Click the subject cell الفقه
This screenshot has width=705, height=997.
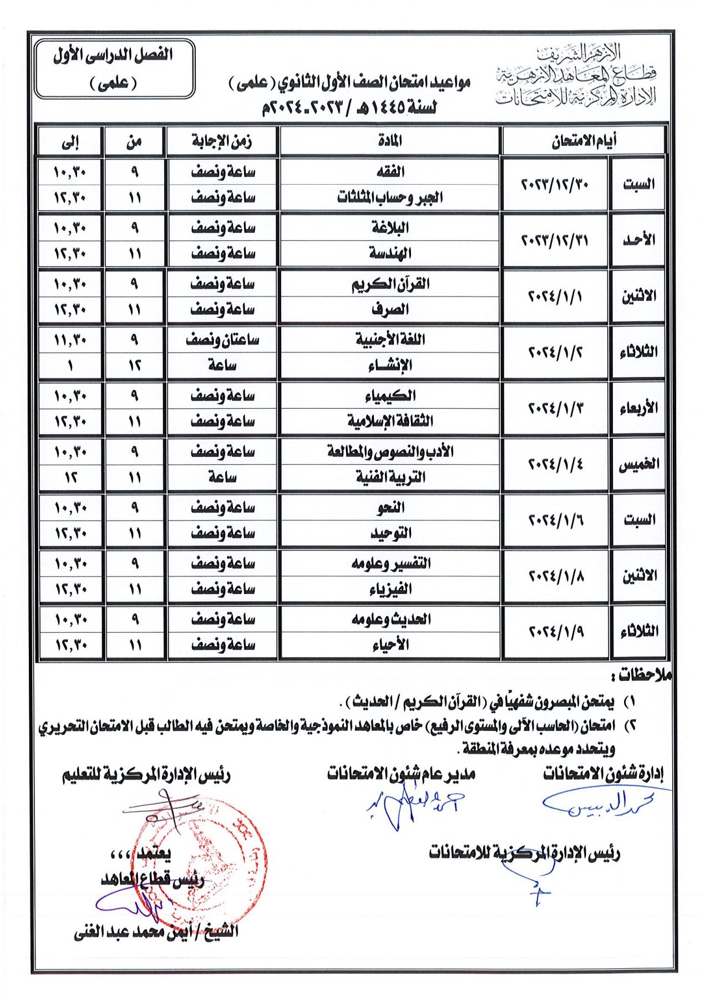390,172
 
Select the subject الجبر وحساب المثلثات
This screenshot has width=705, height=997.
390,197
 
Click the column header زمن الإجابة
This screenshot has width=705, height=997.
222,141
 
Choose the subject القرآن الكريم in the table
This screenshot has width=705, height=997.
390,284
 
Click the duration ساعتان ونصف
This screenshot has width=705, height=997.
222,340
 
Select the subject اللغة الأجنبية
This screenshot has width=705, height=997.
390,340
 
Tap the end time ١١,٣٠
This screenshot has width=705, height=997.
70,340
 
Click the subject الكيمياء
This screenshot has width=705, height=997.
390,396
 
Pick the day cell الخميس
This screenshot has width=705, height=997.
638,464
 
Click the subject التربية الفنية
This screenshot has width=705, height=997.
390,477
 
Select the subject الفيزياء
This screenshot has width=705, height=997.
390,589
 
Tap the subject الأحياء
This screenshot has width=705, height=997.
390,644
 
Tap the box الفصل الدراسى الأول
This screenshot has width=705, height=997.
114,68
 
